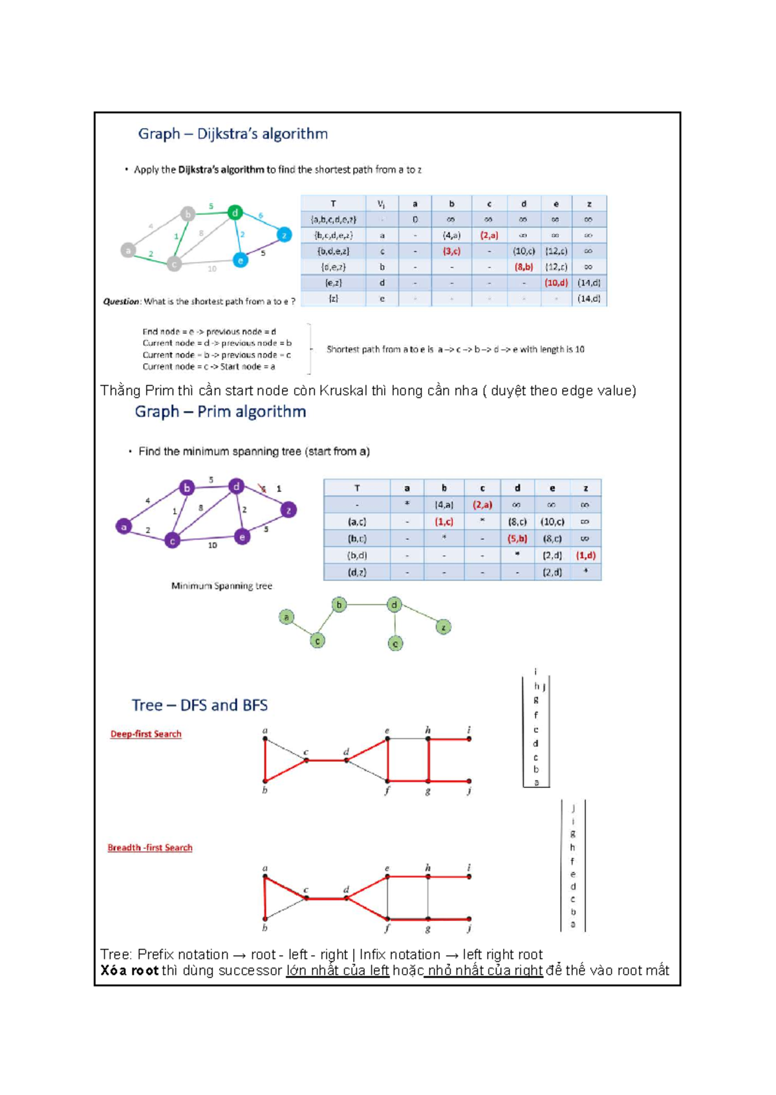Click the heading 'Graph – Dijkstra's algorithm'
point(233,134)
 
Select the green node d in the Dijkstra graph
point(235,212)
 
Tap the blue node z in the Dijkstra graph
point(284,235)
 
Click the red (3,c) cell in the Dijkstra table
point(451,251)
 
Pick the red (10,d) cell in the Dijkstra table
point(555,282)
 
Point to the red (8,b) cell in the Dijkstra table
point(523,266)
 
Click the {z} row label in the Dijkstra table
point(333,299)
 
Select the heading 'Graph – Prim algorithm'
point(220,412)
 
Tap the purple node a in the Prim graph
point(124,527)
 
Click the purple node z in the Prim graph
point(288,510)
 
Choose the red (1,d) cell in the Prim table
point(585,555)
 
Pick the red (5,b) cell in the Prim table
point(517,538)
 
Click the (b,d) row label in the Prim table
point(357,555)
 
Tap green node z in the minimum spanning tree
point(443,627)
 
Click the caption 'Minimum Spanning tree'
point(222,586)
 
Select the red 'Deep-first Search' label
point(145,734)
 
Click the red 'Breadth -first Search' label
point(150,847)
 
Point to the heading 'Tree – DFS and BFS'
point(199,705)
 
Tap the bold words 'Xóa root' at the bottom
point(129,970)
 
